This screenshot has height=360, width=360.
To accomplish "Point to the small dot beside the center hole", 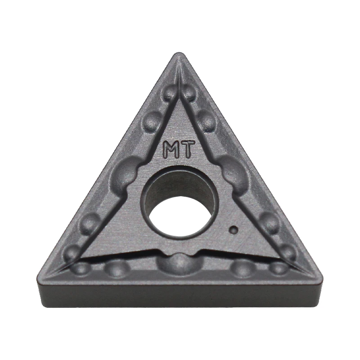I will point(233,229).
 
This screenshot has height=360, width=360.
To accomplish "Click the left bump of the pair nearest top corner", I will point(170,94).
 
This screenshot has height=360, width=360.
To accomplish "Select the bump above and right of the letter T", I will point(207,121).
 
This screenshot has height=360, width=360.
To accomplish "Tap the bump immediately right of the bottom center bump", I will point(243,268).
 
